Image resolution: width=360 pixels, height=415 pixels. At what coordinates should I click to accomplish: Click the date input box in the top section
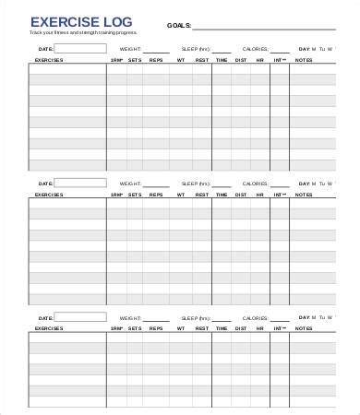pyautogui.click(x=80, y=48)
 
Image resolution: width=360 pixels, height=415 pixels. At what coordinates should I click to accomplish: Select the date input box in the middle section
pyautogui.click(x=80, y=183)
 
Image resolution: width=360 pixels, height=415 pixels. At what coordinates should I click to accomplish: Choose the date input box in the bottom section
pyautogui.click(x=80, y=315)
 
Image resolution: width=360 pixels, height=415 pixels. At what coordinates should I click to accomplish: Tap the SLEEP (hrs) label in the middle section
pyautogui.click(x=196, y=183)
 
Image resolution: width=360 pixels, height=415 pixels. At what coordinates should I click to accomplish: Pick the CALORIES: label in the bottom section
pyautogui.click(x=254, y=315)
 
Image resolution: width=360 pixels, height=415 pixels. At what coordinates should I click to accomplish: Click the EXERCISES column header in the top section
pyautogui.click(x=49, y=60)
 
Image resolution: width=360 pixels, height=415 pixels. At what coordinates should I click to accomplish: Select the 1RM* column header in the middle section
pyautogui.click(x=116, y=195)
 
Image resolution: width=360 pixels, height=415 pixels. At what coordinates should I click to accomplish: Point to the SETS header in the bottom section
pyautogui.click(x=136, y=327)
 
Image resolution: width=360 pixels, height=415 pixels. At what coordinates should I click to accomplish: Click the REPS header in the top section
pyautogui.click(x=157, y=60)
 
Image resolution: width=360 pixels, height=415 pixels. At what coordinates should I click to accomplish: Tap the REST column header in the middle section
pyautogui.click(x=202, y=195)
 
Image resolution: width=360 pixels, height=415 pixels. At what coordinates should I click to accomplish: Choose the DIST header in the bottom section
pyautogui.click(x=241, y=327)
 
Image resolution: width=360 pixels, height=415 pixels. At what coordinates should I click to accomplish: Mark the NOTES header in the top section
pyautogui.click(x=304, y=60)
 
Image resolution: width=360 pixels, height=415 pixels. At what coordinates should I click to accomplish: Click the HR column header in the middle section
pyautogui.click(x=260, y=195)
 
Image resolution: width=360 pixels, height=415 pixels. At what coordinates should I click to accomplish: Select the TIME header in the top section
pyautogui.click(x=222, y=60)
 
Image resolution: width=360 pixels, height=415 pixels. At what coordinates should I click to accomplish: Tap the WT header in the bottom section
pyautogui.click(x=181, y=327)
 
